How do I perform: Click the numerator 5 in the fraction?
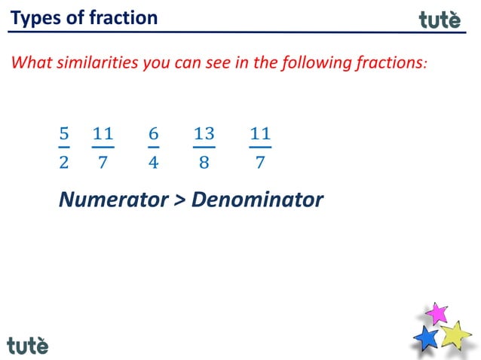64,134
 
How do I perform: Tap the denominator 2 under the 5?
64,162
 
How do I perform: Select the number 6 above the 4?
153,134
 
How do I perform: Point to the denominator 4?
153,162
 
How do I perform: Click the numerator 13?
204,134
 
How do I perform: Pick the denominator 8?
204,162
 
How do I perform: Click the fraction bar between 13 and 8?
204,148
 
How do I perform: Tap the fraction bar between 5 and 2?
64,148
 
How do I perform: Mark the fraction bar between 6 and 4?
153,148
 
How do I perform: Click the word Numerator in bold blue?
113,200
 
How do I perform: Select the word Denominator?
257,200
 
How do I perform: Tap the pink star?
436,313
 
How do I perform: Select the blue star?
427,337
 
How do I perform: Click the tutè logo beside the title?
439,20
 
